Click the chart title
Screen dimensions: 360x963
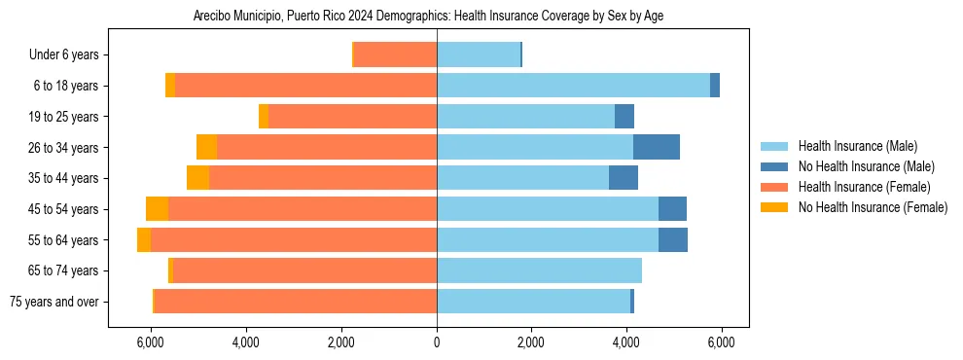[428, 17]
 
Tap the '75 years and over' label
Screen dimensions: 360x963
[53, 302]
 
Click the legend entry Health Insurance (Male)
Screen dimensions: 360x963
[857, 146]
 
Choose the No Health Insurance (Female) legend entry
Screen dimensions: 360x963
[873, 207]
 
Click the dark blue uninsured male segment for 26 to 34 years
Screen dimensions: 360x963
[657, 147]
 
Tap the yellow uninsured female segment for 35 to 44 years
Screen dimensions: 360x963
[197, 178]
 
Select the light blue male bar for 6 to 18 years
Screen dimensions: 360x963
[573, 86]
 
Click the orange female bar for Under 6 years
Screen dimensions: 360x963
[395, 55]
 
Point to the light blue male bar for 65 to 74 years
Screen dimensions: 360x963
[539, 270]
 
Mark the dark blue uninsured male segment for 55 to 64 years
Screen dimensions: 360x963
[673, 239]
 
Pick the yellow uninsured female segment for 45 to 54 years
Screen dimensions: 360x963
[157, 209]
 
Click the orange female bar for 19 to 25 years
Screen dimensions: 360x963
[352, 117]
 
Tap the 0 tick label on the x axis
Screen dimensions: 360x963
[437, 342]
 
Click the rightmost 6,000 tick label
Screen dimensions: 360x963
[721, 342]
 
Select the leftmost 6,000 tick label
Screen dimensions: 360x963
[151, 342]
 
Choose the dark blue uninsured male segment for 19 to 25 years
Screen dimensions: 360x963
[624, 117]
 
